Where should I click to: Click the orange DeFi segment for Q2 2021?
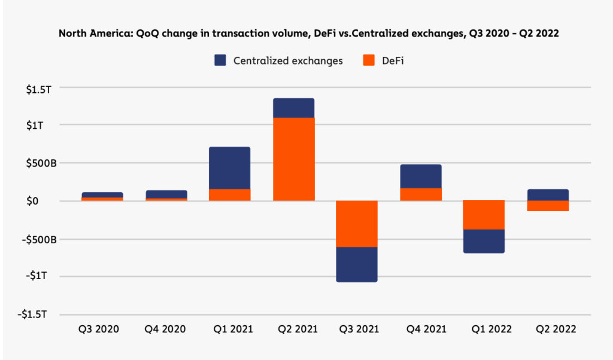[293, 159]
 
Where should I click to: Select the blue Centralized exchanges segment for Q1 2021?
[230, 168]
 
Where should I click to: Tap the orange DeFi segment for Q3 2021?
[357, 223]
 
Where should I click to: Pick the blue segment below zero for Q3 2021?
[357, 264]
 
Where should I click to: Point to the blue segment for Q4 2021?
[421, 176]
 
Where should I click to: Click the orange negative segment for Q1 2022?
[484, 214]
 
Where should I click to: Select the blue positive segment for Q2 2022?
[548, 195]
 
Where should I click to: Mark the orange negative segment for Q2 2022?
[548, 205]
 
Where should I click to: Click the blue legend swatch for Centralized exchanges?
[220, 60]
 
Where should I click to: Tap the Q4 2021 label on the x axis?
[421, 329]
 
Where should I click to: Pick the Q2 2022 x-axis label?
[548, 329]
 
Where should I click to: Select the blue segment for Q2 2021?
[293, 108]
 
